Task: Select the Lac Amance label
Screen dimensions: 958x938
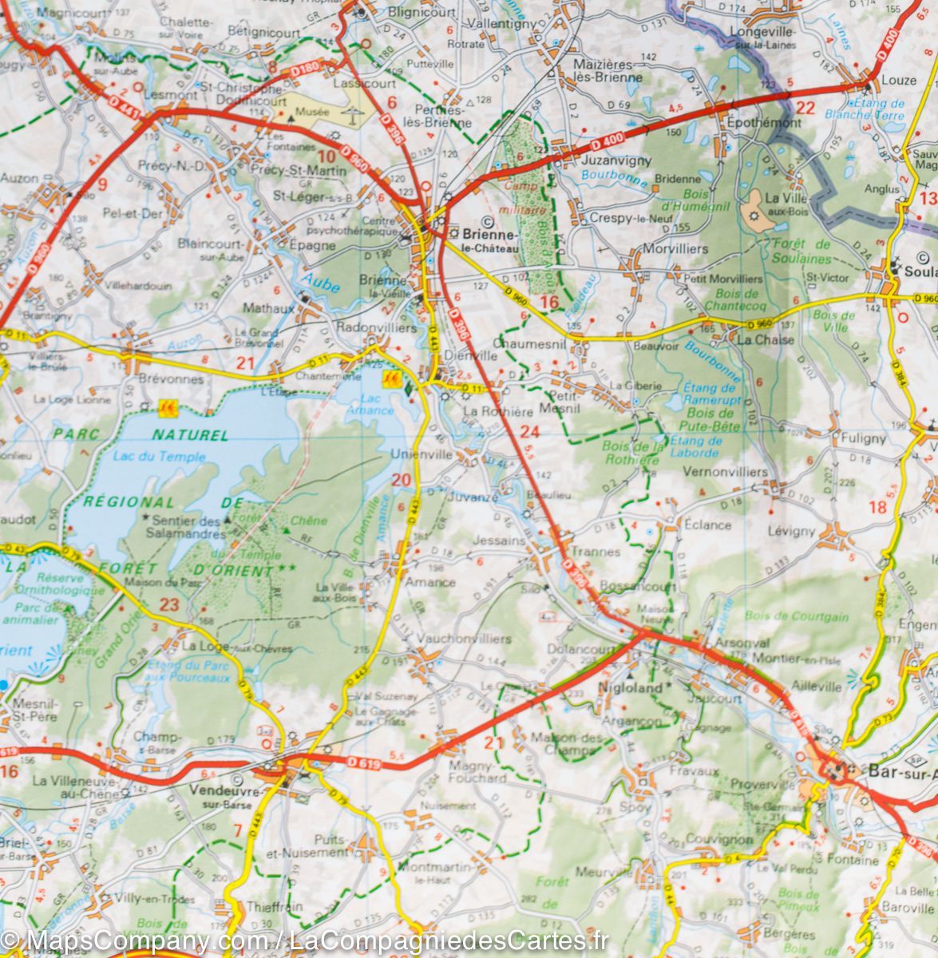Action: click(x=370, y=404)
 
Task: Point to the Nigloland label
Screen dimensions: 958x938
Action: click(x=631, y=687)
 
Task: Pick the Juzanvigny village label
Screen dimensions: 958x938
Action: click(x=608, y=159)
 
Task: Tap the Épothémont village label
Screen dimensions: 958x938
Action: click(x=763, y=123)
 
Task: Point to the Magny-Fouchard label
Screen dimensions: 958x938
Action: click(x=478, y=771)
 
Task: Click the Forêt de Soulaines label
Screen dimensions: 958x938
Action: click(x=801, y=251)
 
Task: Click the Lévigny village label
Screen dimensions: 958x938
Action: click(x=791, y=530)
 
